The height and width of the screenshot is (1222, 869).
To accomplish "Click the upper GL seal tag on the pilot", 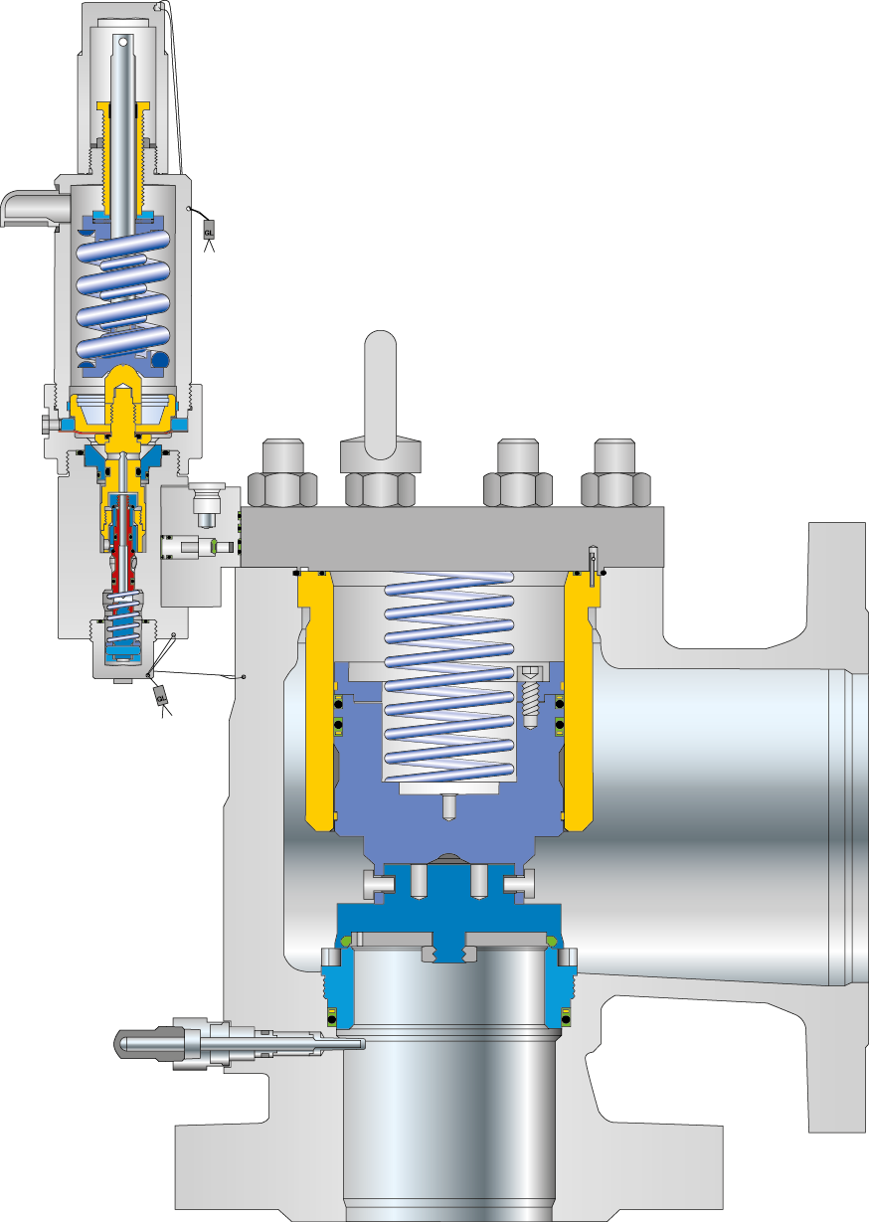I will (x=209, y=229).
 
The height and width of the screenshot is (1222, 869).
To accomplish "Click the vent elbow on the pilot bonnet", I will (x=24, y=208).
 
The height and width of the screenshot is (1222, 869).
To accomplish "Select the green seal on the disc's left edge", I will (x=346, y=941).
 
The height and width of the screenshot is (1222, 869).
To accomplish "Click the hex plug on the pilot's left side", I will (x=49, y=425).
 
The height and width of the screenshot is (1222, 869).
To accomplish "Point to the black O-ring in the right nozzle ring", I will (x=564, y=1017).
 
